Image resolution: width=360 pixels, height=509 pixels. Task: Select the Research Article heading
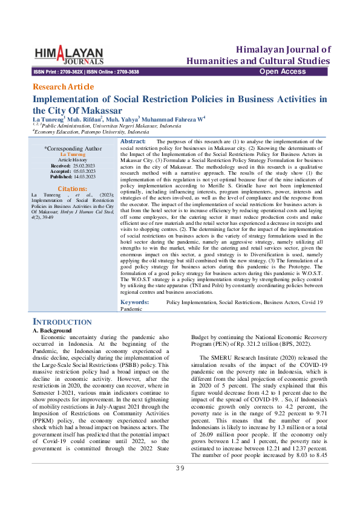(63, 86)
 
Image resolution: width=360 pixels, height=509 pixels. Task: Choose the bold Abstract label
(133, 141)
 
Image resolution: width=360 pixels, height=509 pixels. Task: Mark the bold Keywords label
(136, 301)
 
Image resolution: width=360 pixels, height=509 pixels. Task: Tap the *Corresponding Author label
(73, 148)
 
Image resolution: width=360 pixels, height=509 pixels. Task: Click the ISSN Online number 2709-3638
(125, 72)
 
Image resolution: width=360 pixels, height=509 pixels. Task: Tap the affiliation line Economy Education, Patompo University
(91, 132)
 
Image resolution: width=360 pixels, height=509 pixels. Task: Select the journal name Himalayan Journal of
(284, 49)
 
